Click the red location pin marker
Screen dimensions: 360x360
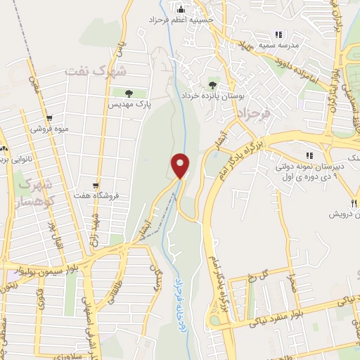point(181,165)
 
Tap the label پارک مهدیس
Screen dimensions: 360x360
point(121,103)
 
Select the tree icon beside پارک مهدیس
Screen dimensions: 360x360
point(129,92)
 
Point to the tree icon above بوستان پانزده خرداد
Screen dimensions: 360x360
point(213,83)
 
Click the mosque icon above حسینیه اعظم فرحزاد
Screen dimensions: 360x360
point(180,9)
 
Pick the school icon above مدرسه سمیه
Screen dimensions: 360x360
point(278,34)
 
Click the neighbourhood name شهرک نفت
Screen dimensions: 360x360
point(95,71)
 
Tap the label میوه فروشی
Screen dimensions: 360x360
point(48,129)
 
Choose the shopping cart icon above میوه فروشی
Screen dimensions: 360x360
point(48,118)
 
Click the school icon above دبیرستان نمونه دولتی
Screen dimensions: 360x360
point(307,155)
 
